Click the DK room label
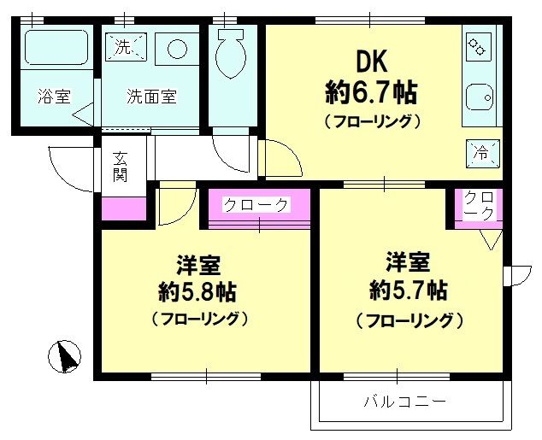pos(372,61)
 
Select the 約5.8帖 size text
pos(197,291)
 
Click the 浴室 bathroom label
pos(54,97)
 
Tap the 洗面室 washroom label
pos(151,97)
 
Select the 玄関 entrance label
pos(120,167)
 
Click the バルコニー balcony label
pos(404,401)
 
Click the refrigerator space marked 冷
pos(481,154)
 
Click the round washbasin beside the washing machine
pos(178,48)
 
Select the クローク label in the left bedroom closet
pos(256,205)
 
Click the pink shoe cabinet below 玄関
pos(124,208)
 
